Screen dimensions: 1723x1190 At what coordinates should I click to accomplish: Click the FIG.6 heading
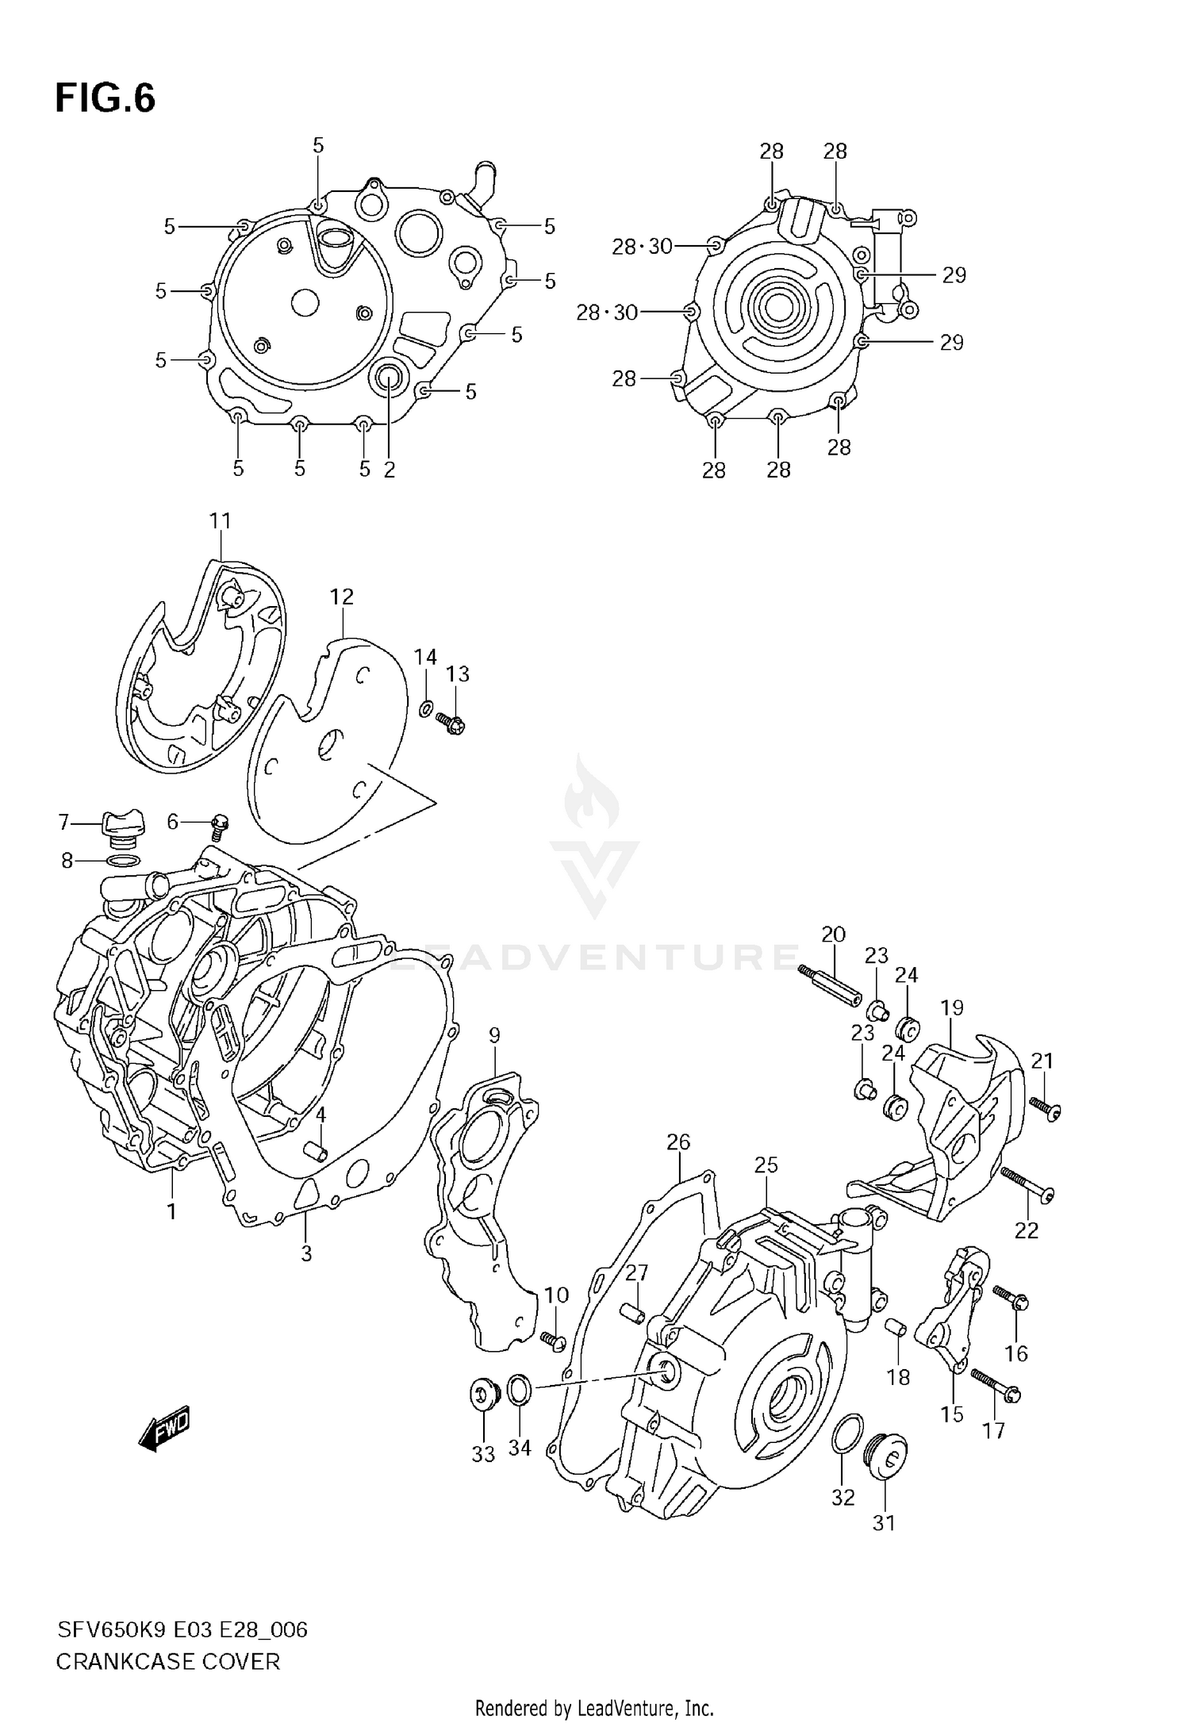point(105,98)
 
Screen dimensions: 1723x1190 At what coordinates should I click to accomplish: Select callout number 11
point(220,521)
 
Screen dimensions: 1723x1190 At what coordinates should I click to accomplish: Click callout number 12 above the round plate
point(342,597)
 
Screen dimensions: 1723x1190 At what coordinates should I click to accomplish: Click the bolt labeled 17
point(996,1385)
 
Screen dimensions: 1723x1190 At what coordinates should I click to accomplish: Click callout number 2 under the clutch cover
point(389,470)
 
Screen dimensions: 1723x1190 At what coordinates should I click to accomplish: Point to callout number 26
point(678,1142)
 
